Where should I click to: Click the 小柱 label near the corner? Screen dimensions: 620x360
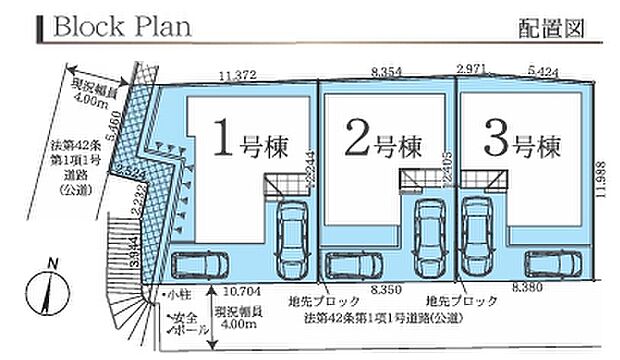point(179,297)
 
